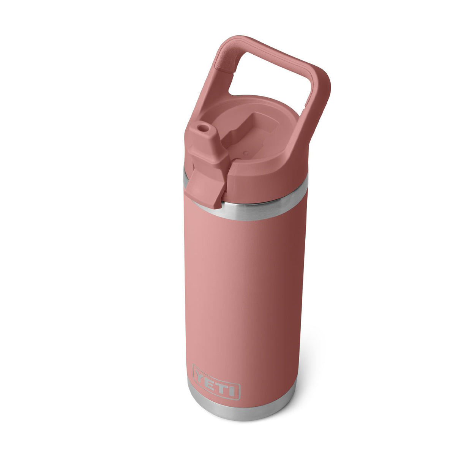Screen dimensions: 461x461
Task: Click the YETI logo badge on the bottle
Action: click(217, 382)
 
